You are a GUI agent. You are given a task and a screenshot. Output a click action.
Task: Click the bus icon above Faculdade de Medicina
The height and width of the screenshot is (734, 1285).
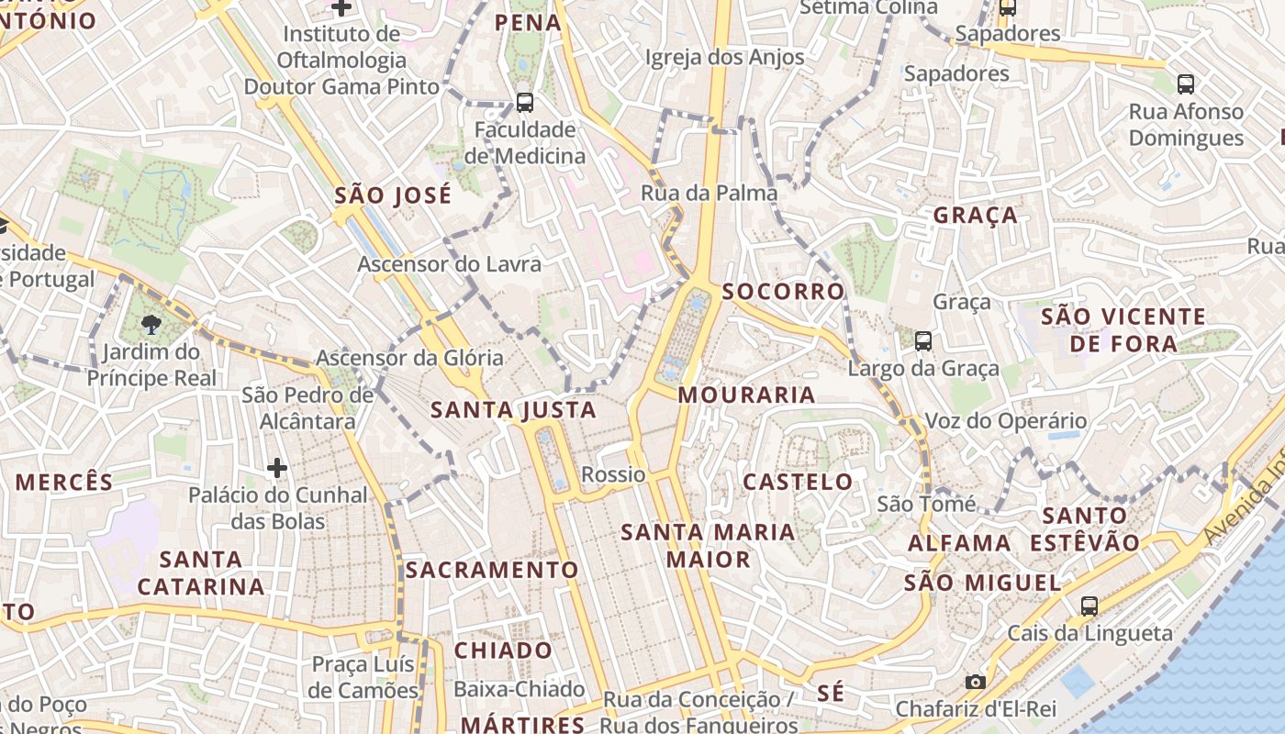(x=525, y=102)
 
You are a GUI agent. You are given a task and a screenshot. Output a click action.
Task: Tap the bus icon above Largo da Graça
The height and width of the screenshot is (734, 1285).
(x=923, y=341)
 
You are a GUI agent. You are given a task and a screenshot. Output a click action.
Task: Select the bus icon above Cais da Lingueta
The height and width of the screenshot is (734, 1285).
(x=1089, y=606)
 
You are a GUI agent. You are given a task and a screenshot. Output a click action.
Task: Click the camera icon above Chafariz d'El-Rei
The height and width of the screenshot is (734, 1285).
(x=975, y=682)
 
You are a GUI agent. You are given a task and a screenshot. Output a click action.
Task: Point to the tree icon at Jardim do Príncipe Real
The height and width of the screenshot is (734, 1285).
(x=151, y=324)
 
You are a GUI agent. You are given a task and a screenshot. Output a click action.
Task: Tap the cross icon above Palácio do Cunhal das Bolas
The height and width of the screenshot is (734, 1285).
(x=277, y=468)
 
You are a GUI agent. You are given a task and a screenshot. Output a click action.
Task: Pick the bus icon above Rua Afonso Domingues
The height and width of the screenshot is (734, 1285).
(x=1186, y=84)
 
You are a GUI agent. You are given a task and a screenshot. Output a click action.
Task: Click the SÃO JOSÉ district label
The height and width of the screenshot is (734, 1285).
(x=393, y=195)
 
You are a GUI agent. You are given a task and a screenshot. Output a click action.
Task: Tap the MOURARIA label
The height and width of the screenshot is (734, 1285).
(x=746, y=395)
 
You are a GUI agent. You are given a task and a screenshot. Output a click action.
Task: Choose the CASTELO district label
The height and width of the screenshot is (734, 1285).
(x=798, y=482)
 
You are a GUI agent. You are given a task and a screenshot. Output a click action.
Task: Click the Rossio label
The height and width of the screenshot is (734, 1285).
(x=613, y=474)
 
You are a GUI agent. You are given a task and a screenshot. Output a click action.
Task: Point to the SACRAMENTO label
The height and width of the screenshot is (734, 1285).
(x=492, y=570)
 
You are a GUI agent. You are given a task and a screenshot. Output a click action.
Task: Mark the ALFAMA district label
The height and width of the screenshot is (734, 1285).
(x=959, y=543)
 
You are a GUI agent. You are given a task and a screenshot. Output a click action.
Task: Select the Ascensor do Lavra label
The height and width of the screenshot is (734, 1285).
(x=449, y=264)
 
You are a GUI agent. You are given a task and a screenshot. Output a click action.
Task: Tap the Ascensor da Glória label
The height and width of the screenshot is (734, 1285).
(x=409, y=358)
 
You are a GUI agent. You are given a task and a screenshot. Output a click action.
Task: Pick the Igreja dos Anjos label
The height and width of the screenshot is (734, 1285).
(x=724, y=58)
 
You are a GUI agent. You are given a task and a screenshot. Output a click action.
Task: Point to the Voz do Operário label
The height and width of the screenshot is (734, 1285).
(x=1005, y=421)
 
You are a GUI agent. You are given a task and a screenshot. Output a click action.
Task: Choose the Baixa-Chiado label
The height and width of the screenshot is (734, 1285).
(x=519, y=689)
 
